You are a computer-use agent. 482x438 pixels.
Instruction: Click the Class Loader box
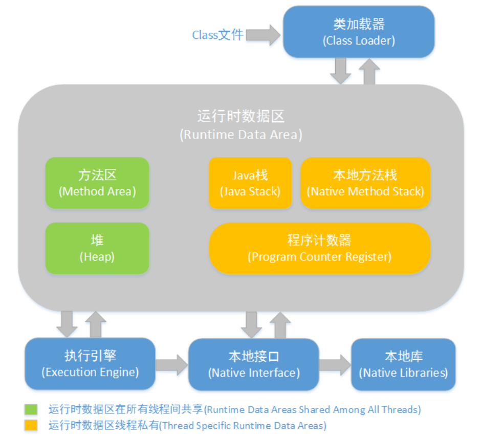pos(358,32)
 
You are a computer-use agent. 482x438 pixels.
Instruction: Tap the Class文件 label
pos(217,35)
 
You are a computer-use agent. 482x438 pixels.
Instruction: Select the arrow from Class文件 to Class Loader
pos(263,35)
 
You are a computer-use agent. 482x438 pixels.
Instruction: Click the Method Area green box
pos(97,183)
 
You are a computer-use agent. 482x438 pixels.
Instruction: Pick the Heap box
pos(97,248)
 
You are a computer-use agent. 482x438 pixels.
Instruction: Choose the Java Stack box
pos(250,183)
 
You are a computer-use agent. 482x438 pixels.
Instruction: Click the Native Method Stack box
pos(365,183)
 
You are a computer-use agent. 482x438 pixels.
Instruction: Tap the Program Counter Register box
pos(319,248)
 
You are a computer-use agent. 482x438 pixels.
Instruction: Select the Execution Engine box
pos(90,363)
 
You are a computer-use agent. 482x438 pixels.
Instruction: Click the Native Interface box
pos(254,364)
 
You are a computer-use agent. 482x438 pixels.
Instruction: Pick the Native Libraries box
pos(403,364)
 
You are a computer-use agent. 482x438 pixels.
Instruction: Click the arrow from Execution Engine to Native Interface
pos(172,364)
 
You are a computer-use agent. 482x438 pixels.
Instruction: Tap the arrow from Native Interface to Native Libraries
pos(335,364)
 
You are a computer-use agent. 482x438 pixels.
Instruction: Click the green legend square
pos(31,409)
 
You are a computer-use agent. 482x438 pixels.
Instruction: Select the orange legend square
pos(31,425)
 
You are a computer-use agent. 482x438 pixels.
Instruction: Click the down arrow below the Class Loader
pos(340,71)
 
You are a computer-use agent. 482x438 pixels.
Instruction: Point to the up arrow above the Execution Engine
pos(95,324)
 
